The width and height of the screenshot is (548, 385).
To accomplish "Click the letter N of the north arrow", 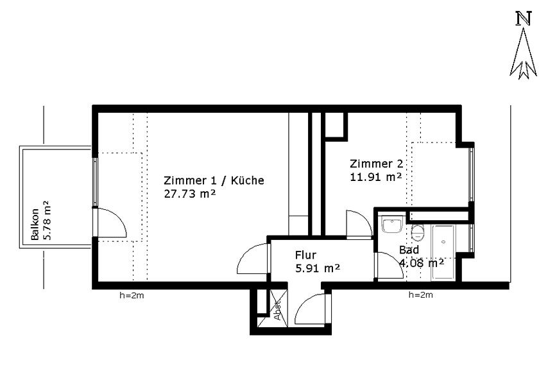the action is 524,19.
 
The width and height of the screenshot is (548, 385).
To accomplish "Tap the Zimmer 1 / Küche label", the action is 214,180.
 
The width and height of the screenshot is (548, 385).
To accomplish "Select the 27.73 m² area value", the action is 190,194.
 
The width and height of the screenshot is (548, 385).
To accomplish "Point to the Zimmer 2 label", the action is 377,164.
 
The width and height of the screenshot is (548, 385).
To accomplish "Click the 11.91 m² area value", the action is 375,176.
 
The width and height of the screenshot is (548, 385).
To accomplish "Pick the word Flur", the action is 306,255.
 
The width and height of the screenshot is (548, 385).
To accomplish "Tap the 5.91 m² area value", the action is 318,268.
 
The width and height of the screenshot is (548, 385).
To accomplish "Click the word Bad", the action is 409,250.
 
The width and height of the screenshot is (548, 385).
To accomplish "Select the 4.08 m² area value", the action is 422,262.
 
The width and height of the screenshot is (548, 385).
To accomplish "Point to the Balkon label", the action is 35,225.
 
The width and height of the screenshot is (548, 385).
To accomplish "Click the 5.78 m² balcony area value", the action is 47,220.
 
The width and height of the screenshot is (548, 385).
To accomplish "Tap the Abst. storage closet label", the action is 278,311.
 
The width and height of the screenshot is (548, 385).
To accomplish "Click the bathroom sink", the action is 393,224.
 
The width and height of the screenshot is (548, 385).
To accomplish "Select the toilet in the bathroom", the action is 418,232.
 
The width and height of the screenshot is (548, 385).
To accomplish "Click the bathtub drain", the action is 443,241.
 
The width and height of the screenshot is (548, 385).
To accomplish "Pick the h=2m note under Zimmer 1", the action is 132,296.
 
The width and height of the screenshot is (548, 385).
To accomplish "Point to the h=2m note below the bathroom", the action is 421,295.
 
